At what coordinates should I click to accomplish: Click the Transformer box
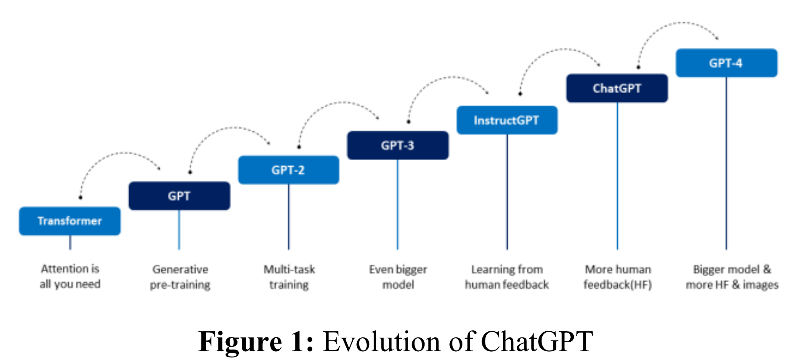pos(70,221)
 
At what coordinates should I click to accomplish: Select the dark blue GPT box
pos(179,196)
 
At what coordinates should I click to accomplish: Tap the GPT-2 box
pos(288,170)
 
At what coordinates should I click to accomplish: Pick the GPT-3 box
pos(398,145)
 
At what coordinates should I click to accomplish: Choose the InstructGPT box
pos(507,120)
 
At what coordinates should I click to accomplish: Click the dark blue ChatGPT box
pos(617,88)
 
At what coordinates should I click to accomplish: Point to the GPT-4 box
pos(726,63)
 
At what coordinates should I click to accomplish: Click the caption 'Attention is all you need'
pos(70,277)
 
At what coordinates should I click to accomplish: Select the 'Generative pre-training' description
pos(180,277)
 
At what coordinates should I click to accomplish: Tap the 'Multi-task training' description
pos(289,277)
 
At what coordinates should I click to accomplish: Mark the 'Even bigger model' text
pos(398,277)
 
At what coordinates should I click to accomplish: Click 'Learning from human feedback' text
pos(507,277)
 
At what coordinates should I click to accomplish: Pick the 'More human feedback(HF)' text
pos(618,277)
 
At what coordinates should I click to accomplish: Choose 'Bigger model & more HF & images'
pos(732,277)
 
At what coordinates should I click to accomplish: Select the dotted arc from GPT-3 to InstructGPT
pos(448,77)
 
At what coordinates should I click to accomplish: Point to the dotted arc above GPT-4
pos(679,23)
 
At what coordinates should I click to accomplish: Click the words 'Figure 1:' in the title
pos(256,342)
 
